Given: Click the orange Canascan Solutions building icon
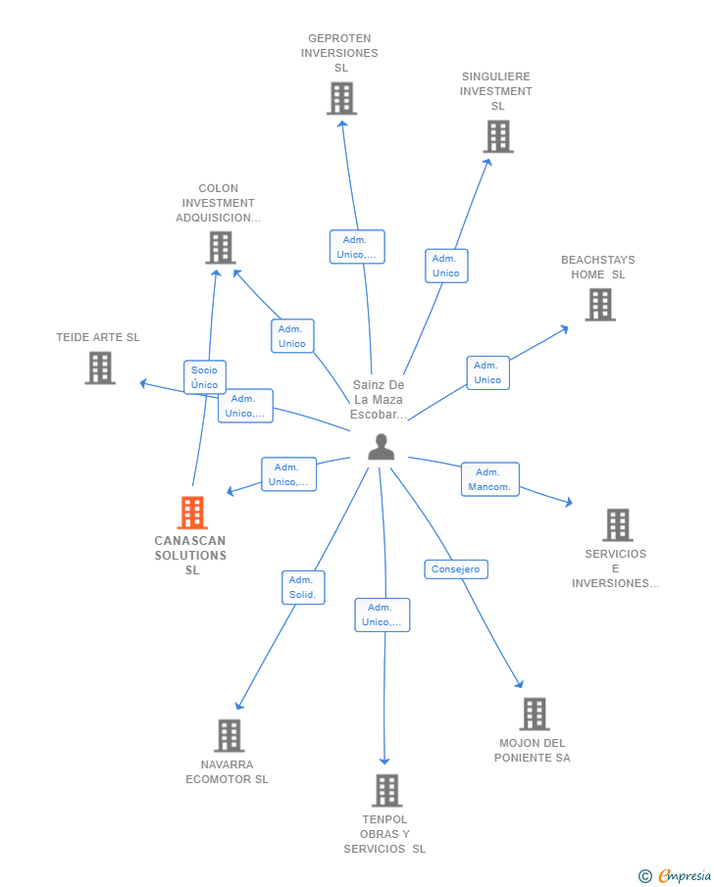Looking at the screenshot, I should pos(192,513).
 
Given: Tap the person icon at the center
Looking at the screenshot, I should pos(381,448).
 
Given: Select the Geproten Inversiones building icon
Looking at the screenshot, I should pos(341,98).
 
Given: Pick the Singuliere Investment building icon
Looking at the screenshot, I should pos(498,136).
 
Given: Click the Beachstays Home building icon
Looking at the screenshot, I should pos(599,305).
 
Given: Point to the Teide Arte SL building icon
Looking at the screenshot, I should pos(100,368).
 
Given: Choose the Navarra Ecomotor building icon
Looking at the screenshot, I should pos(229,735).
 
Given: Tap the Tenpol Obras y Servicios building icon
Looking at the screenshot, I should pos(386,790).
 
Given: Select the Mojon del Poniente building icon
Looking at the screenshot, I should pos(534,714).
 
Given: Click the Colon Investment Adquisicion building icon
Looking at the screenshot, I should pos(221,247).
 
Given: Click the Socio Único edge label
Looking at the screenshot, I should pos(205,377).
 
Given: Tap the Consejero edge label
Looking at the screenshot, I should pos(456,569).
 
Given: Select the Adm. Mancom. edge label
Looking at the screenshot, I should pos(489,479).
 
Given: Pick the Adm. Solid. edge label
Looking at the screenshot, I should pos(302,587).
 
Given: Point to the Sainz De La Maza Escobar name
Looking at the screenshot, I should pos(379,400).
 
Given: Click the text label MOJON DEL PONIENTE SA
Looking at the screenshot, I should pos(533,751).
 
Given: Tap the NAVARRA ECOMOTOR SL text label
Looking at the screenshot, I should pos(227,772).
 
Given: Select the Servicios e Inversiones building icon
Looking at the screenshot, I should pos(617,525).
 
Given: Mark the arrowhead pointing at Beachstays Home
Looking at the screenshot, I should pos(564,328).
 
